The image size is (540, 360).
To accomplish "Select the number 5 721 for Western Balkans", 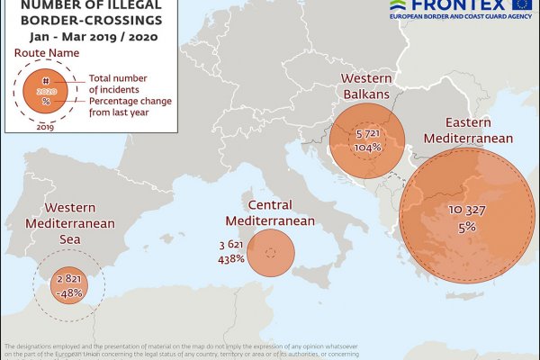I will click(365, 132).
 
